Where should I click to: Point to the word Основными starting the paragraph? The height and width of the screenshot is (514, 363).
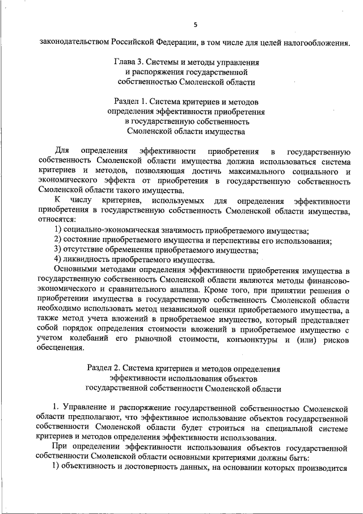coord(75,270)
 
